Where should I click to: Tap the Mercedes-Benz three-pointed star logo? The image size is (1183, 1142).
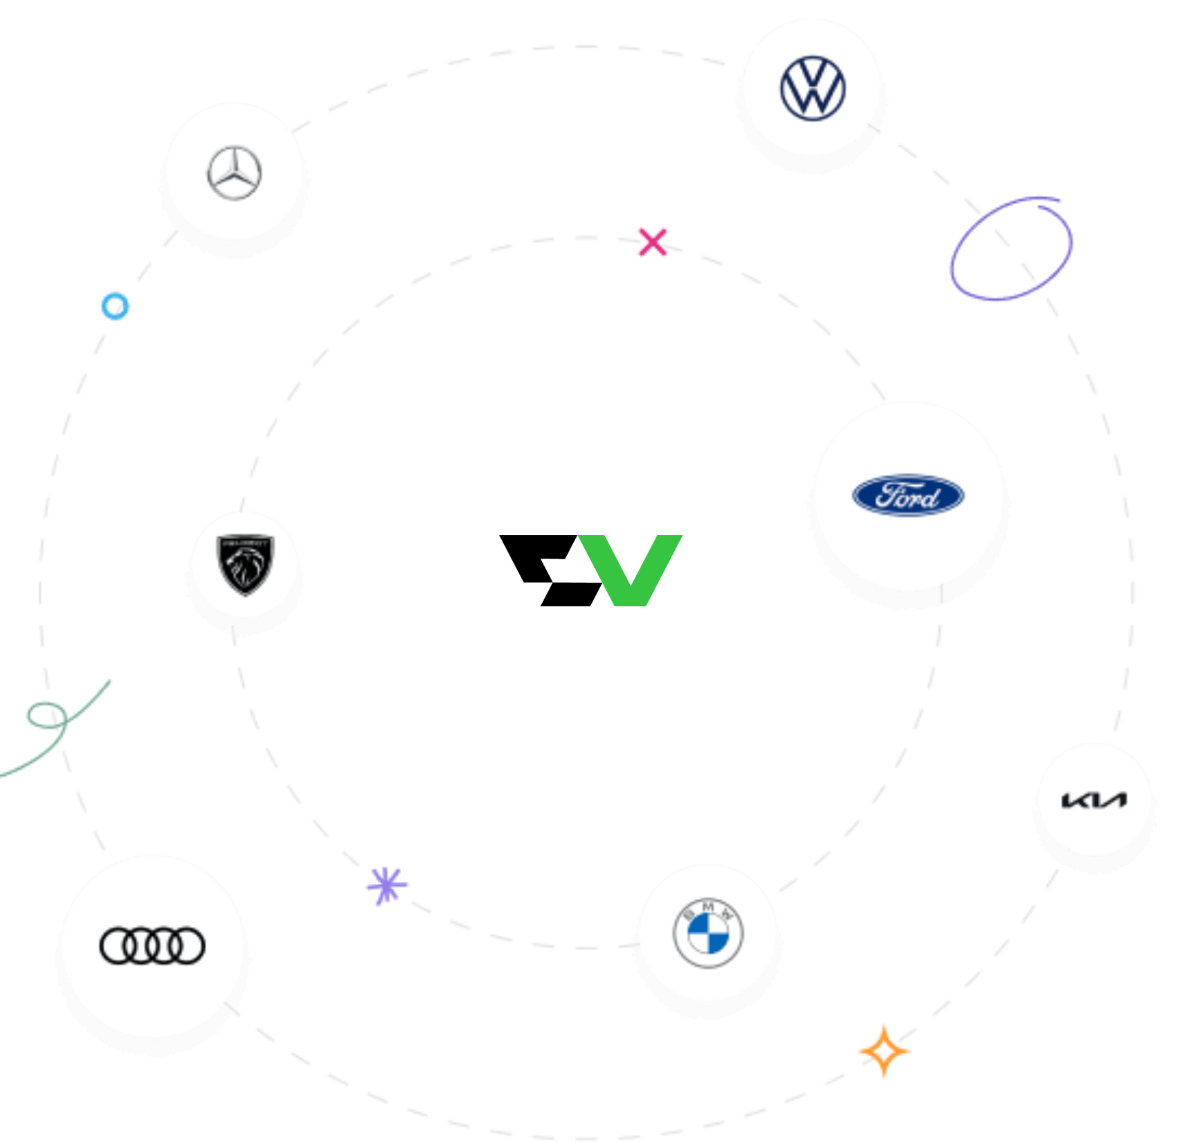coord(235,173)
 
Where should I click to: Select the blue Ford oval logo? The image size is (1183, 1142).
coord(908,496)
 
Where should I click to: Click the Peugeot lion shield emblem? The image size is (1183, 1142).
coord(245,565)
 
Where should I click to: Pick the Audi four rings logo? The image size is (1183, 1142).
coord(152,945)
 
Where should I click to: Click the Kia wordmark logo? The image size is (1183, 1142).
coord(1094,801)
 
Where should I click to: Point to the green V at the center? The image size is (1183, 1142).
coord(630,568)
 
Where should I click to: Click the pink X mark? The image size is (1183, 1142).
coord(653,242)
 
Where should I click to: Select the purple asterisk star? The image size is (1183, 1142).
coord(387,885)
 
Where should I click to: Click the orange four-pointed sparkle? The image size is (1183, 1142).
coord(883,1051)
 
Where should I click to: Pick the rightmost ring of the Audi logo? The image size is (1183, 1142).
coord(187,945)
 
